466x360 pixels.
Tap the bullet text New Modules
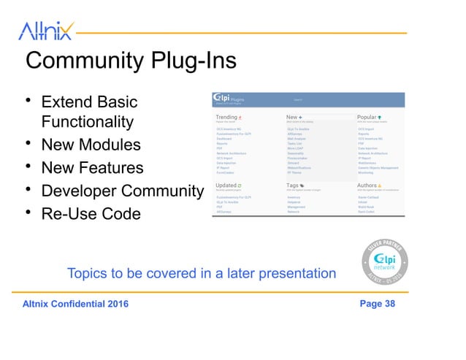pyautogui.click(x=91, y=144)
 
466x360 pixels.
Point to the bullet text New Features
pyautogui.click(x=92, y=168)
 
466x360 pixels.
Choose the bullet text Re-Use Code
pyautogui.click(x=91, y=215)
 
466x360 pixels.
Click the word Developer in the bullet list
pyautogui.click(x=80, y=191)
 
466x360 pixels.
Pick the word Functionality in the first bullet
pyautogui.click(x=88, y=120)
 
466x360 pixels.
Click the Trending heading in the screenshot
pyautogui.click(x=227, y=117)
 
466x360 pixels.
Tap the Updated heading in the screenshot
pyautogui.click(x=227, y=185)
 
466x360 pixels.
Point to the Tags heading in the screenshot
pyautogui.click(x=293, y=185)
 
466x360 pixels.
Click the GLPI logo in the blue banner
pyautogui.click(x=222, y=99)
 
